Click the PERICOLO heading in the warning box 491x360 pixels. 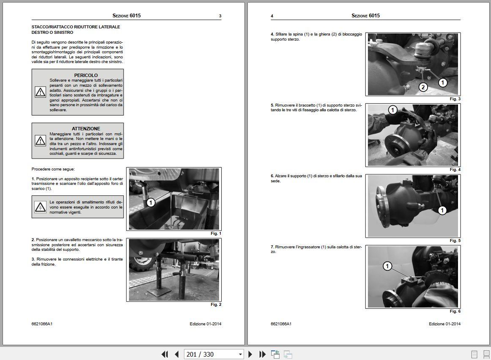coord(86,75)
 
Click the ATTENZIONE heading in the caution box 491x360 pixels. coord(86,129)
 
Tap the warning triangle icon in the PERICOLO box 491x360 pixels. coord(40,92)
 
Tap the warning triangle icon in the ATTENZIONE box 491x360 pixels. coord(40,140)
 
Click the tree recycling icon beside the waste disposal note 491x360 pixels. coord(40,207)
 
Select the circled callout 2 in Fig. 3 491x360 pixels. coord(423,87)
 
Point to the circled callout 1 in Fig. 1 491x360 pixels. coord(151,203)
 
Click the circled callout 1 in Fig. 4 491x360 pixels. coord(392,110)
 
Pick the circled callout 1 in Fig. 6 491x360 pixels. coord(388,266)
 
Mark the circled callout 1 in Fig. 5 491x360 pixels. coord(442,210)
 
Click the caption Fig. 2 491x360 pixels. coord(216,305)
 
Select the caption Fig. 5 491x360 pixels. coord(455,241)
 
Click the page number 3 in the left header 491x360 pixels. coord(220,16)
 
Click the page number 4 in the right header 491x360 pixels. coord(272,16)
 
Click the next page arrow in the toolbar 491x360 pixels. coord(250,354)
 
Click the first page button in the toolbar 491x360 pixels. coord(165,354)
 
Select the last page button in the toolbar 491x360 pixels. coord(262,354)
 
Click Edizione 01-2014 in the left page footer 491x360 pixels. coord(206,324)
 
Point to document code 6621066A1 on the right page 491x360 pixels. coord(281,324)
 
